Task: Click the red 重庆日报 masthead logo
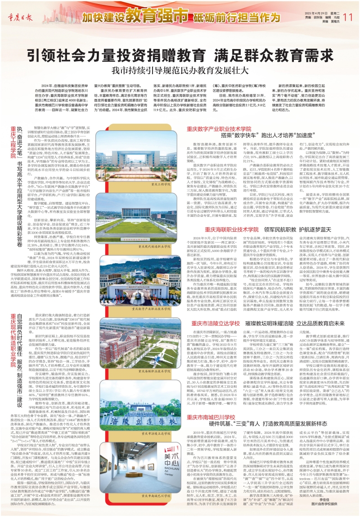tap(21, 18)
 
